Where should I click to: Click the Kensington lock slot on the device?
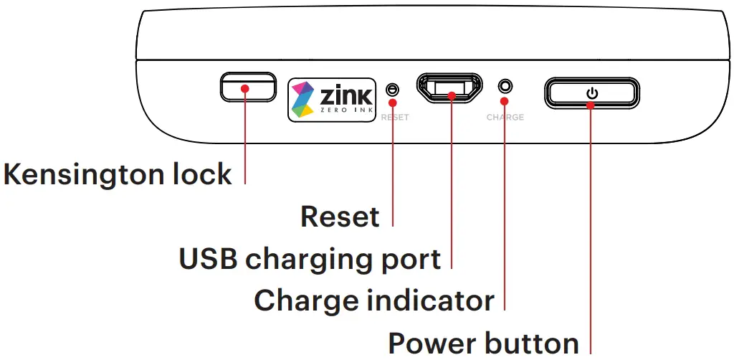click(x=247, y=87)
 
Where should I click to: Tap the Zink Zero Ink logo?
click(x=332, y=98)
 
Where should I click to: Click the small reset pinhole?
click(x=392, y=89)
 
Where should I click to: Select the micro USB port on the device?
click(x=451, y=89)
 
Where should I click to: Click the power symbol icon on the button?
click(x=591, y=93)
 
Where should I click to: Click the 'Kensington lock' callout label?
click(x=118, y=174)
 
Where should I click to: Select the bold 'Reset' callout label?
click(x=340, y=216)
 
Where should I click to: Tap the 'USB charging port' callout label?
click(x=310, y=259)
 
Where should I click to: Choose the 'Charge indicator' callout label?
click(x=374, y=300)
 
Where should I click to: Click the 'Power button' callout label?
click(x=483, y=342)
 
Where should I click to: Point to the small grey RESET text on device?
click(x=395, y=117)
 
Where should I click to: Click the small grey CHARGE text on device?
click(x=505, y=117)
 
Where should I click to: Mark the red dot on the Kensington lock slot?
click(x=245, y=89)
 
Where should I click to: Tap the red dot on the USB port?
click(x=452, y=95)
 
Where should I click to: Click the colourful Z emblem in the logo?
click(x=304, y=98)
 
